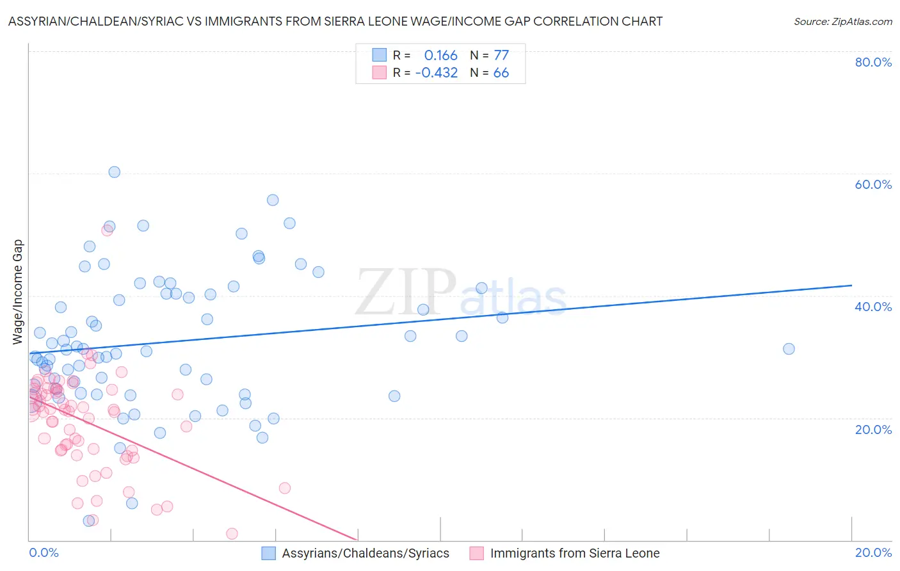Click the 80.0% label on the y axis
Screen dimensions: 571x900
coord(873,62)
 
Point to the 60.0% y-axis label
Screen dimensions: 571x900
coord(873,184)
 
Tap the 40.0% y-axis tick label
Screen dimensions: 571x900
coord(873,307)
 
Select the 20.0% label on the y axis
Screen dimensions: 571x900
coord(873,429)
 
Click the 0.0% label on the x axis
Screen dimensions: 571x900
coord(44,552)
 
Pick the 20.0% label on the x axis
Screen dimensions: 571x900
coord(873,552)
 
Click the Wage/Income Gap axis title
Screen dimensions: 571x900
coord(18,292)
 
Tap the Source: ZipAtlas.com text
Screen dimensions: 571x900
coord(842,21)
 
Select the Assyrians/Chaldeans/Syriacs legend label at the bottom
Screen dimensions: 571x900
coord(366,553)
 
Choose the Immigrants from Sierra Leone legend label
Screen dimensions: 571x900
coord(575,553)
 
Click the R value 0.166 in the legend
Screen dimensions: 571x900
coord(440,56)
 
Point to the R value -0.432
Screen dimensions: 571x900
coord(437,73)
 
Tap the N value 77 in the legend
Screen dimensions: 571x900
coord(501,56)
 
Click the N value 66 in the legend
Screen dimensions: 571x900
coord(501,73)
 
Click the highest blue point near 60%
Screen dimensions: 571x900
coord(114,172)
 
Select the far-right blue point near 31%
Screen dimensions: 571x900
coord(789,349)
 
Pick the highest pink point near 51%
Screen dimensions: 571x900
coord(107,230)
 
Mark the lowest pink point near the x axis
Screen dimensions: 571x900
coord(232,534)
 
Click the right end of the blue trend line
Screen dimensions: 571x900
coord(851,285)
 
